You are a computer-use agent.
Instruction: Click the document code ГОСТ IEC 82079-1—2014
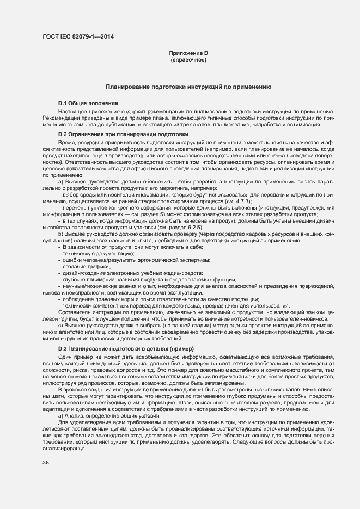point(78,37)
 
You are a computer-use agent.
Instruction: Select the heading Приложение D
point(188,53)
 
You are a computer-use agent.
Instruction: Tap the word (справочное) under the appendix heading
point(188,59)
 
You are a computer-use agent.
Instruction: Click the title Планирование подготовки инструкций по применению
point(188,87)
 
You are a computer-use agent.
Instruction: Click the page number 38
point(46,462)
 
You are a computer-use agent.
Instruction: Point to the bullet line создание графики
point(88,267)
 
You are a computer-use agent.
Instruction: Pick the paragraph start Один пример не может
point(87,355)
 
